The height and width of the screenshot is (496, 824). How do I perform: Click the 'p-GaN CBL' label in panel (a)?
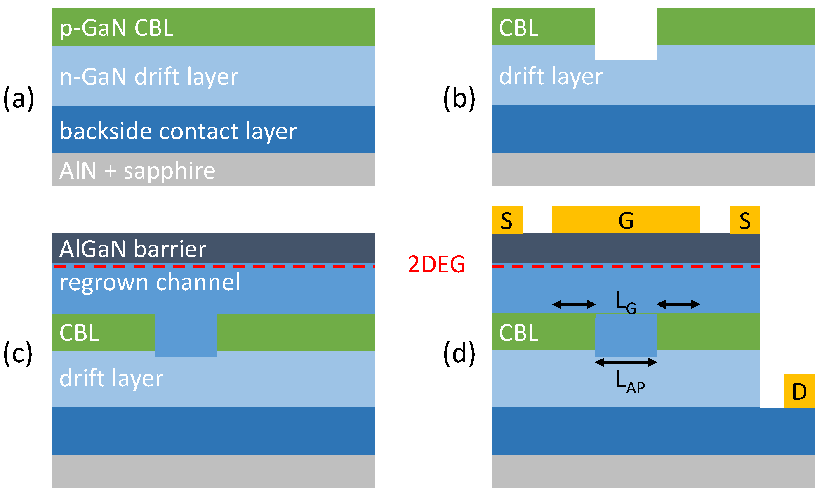click(116, 28)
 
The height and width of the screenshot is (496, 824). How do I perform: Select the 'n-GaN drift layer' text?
click(149, 77)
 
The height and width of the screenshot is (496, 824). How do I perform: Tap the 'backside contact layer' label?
click(178, 131)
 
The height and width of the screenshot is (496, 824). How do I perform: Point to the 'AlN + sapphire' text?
click(137, 170)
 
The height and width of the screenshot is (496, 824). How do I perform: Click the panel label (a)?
click(18, 99)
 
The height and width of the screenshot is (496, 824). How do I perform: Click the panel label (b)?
click(459, 99)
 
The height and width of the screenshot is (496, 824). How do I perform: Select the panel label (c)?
click(17, 354)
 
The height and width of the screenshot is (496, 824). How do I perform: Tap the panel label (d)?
click(459, 354)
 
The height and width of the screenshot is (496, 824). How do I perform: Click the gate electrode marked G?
click(626, 220)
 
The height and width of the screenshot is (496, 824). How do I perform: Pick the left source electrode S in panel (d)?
click(506, 220)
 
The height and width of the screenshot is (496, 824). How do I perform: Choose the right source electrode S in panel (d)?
click(744, 220)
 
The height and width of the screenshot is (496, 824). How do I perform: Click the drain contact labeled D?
click(799, 391)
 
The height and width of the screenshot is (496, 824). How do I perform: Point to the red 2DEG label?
click(436, 264)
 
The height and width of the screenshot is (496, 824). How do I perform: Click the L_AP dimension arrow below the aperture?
click(626, 362)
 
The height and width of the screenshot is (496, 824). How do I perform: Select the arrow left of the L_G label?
click(574, 305)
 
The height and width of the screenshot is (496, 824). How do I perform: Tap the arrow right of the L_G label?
click(678, 305)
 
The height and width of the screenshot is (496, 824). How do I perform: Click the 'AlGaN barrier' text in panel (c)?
click(133, 249)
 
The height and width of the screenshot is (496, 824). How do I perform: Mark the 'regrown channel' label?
click(149, 282)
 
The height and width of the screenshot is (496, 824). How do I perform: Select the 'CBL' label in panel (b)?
click(518, 28)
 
